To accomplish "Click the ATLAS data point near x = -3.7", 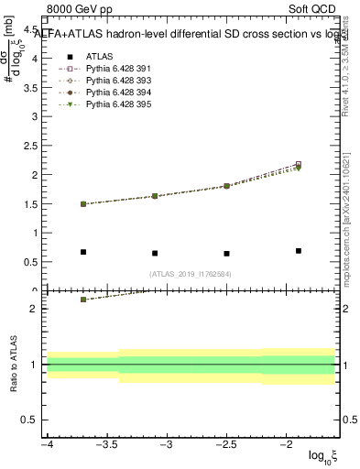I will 83,252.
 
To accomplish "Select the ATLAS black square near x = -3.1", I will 155,254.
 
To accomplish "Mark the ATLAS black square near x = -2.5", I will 226,254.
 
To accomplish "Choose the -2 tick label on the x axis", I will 286,444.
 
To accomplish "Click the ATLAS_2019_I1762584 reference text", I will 191,273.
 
